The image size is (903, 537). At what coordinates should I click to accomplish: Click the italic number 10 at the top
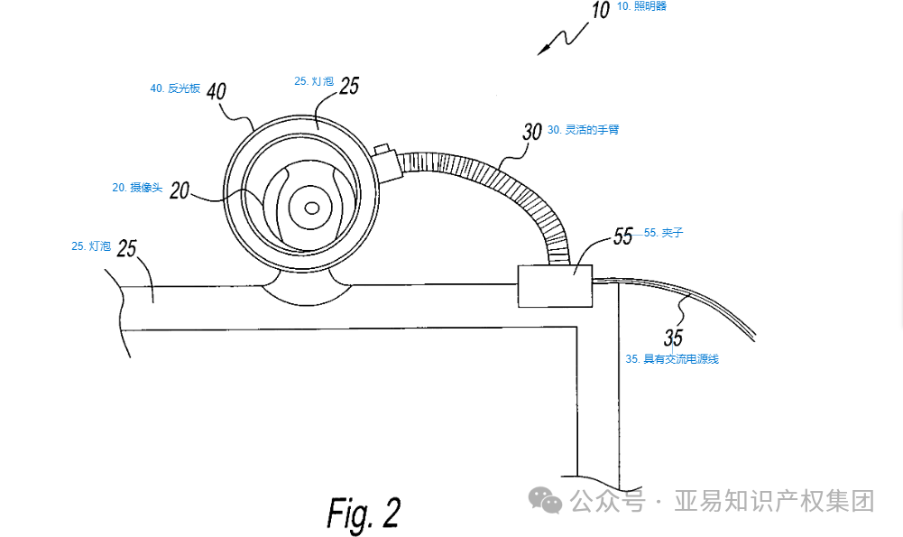[601, 10]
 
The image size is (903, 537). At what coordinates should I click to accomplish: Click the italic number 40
[217, 91]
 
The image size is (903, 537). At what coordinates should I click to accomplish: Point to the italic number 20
[180, 190]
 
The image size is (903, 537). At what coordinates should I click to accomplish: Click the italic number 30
[532, 132]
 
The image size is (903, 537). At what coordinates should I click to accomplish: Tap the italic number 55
[623, 236]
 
